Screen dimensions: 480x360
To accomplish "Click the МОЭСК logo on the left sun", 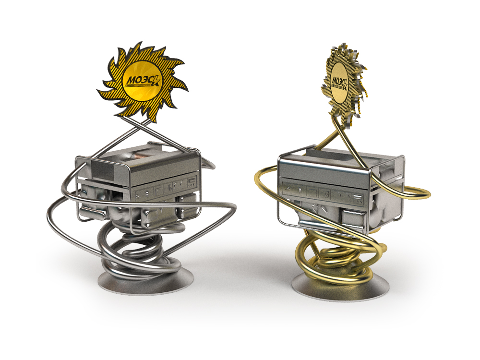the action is [x=143, y=81].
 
